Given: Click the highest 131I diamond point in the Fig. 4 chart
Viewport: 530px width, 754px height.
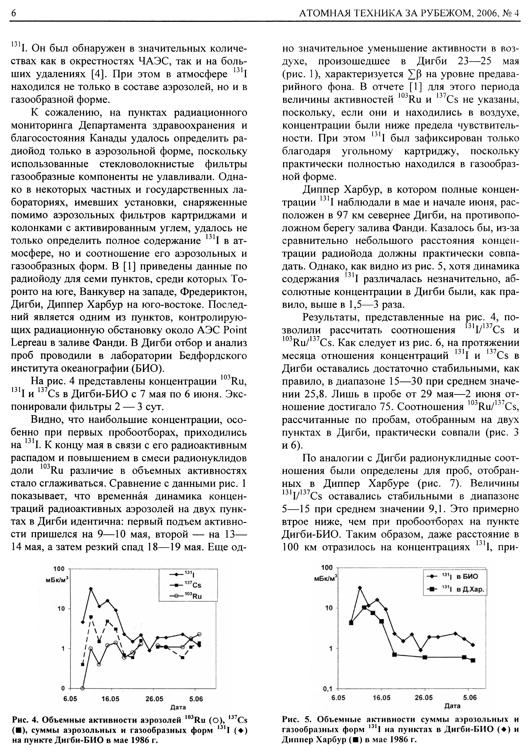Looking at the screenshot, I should (x=91, y=589).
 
